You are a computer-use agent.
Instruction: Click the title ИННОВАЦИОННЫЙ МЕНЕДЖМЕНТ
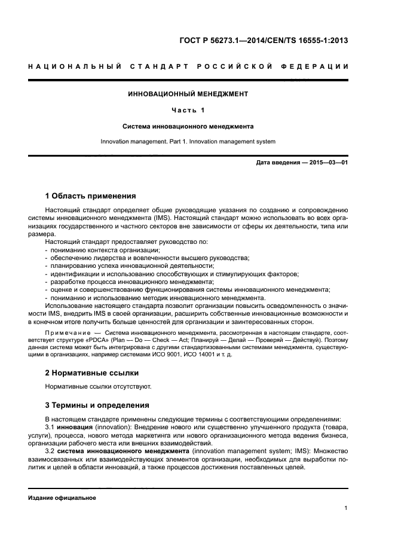point(188,94)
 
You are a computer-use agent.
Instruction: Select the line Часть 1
point(188,110)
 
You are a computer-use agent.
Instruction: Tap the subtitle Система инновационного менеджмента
point(188,126)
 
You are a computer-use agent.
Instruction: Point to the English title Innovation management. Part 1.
point(188,142)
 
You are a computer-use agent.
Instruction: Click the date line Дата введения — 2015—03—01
point(302,163)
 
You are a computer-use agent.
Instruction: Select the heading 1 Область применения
point(91,196)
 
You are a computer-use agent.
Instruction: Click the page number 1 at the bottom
point(346,508)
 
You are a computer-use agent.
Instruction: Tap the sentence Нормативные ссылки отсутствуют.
point(98,386)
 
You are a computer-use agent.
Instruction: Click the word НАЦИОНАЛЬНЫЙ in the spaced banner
point(75,66)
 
